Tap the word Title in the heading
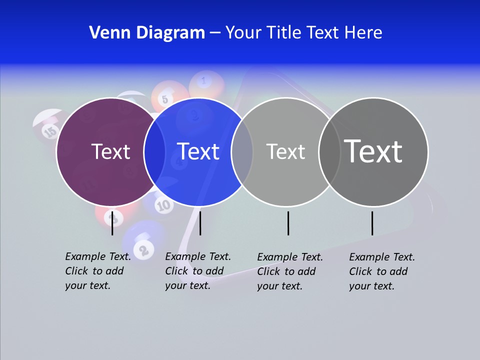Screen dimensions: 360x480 284,33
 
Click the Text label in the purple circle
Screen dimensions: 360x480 110,151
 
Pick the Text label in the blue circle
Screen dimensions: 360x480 198,151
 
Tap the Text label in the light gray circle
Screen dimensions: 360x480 285,151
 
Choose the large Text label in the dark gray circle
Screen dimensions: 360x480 373,151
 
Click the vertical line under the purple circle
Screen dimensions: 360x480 112,223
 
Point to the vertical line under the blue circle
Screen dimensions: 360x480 200,223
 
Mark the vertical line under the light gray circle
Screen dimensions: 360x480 288,223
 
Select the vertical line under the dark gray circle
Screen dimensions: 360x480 372,223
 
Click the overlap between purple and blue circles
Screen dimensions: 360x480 154,151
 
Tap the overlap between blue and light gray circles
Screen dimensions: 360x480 242,151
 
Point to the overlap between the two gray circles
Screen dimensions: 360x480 329,151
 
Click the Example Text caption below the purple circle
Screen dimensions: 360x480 98,271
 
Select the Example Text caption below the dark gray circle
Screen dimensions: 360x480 382,271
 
